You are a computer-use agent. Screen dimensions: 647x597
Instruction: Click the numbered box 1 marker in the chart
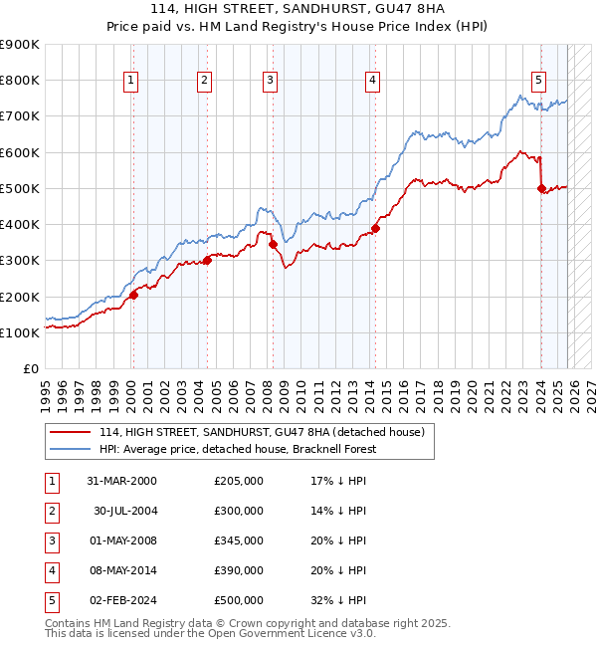click(131, 82)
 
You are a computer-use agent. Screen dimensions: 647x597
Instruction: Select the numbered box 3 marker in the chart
click(270, 82)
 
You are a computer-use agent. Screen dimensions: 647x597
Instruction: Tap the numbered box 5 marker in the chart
click(538, 82)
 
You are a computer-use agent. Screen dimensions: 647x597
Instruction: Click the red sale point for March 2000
click(133, 294)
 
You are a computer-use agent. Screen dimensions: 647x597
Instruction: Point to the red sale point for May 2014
click(376, 228)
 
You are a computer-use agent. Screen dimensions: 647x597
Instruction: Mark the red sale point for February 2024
click(541, 188)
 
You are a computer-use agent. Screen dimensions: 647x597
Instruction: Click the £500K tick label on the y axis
click(20, 188)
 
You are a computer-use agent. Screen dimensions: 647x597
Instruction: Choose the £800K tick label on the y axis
click(20, 80)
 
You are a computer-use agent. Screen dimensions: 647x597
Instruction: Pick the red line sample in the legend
click(70, 432)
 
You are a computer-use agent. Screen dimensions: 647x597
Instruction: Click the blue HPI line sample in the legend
click(70, 449)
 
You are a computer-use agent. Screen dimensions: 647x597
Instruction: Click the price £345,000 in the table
click(239, 540)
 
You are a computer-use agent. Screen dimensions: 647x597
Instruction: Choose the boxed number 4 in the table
click(51, 570)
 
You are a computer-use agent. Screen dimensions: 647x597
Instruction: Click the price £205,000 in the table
click(239, 481)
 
